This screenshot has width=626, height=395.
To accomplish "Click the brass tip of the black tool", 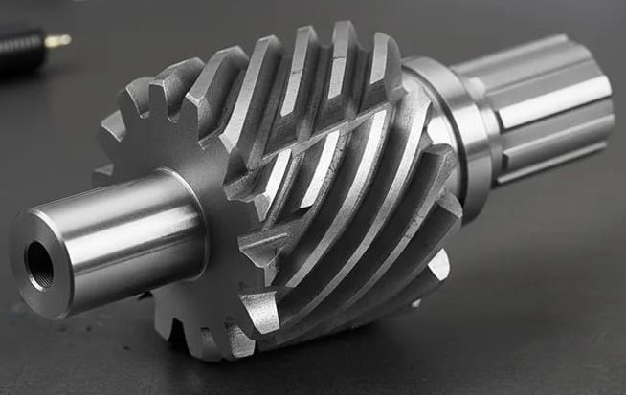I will click(x=57, y=40).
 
